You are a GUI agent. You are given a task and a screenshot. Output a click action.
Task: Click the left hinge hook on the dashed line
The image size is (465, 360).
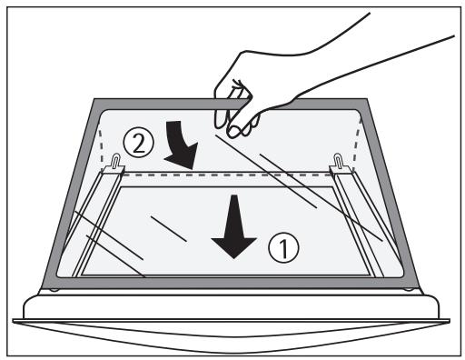[x=120, y=163]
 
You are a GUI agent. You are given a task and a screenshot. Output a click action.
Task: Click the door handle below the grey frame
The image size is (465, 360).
[x=232, y=318]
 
